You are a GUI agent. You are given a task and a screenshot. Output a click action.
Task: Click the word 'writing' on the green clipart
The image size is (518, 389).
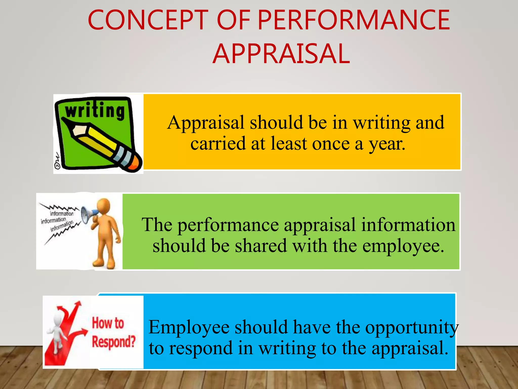pyautogui.click(x=95, y=111)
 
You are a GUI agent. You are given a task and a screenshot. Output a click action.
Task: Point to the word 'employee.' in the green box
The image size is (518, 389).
pyautogui.click(x=403, y=246)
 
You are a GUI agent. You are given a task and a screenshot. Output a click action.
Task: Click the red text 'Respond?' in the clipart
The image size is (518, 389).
pyautogui.click(x=114, y=342)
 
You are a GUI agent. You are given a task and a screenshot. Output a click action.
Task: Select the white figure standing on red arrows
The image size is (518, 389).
pyautogui.click(x=57, y=329)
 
